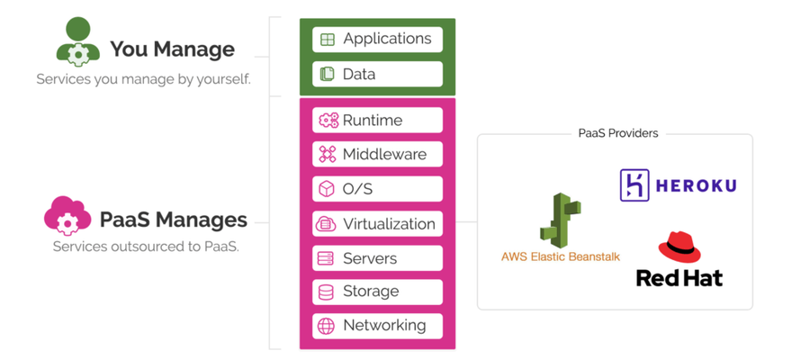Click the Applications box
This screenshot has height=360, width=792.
[x=378, y=40]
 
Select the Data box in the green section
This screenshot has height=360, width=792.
[x=378, y=74]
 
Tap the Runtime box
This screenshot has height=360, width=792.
[x=378, y=121]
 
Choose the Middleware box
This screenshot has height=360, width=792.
[x=378, y=155]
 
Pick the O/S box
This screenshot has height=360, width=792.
[x=378, y=189]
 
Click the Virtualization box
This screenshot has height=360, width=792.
[x=378, y=223]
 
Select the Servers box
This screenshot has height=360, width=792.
[x=378, y=258]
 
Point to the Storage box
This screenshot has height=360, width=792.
[x=378, y=292]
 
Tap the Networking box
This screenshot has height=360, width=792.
[x=378, y=326]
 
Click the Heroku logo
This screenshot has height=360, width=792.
[x=678, y=185]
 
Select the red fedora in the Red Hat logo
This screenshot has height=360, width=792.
[x=679, y=247]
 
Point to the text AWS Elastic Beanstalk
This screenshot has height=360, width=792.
[x=561, y=256]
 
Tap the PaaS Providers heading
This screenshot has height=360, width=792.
[x=617, y=133]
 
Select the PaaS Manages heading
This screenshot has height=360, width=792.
[x=173, y=219]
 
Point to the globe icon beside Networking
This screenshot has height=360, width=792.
[x=326, y=326]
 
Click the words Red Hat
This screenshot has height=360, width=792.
[x=679, y=277]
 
